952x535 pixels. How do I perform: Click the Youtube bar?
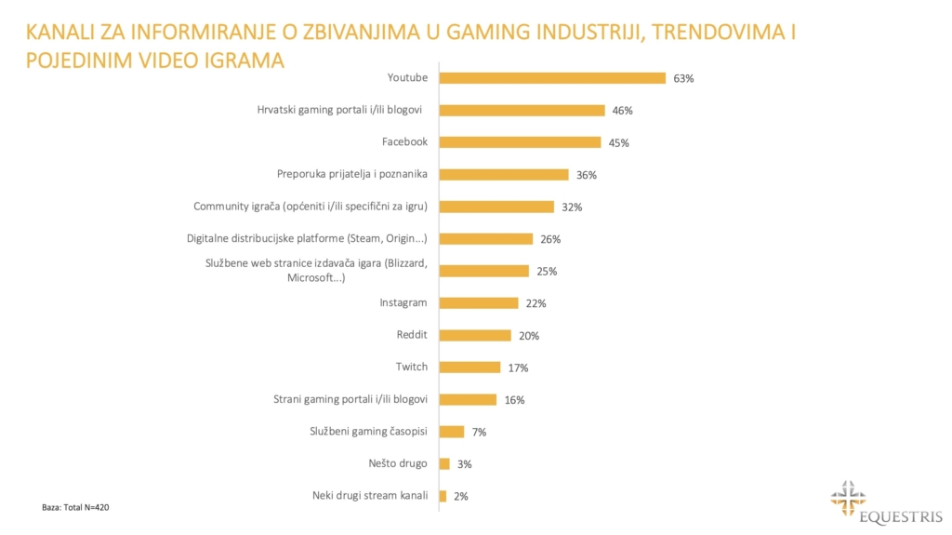click(552, 78)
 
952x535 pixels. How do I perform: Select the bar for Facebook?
click(520, 142)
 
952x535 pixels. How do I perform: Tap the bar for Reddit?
click(475, 335)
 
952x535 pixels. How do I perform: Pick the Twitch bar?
click(469, 368)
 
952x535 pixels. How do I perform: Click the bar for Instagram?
click(479, 303)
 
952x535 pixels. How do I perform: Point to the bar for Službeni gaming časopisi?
click(451, 432)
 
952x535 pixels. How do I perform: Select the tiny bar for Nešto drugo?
click(444, 463)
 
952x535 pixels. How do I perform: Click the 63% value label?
click(683, 78)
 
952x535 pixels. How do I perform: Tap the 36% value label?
click(586, 175)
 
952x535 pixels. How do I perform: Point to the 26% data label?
click(550, 239)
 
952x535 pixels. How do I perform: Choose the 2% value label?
click(460, 497)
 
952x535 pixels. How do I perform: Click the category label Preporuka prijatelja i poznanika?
click(352, 174)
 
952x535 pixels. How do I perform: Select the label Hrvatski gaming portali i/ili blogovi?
click(340, 110)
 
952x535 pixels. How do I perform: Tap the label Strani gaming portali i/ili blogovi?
click(350, 399)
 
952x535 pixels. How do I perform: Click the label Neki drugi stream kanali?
click(370, 496)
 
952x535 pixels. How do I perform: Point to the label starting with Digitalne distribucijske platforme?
click(308, 238)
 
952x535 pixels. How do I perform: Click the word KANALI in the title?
click(63, 33)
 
